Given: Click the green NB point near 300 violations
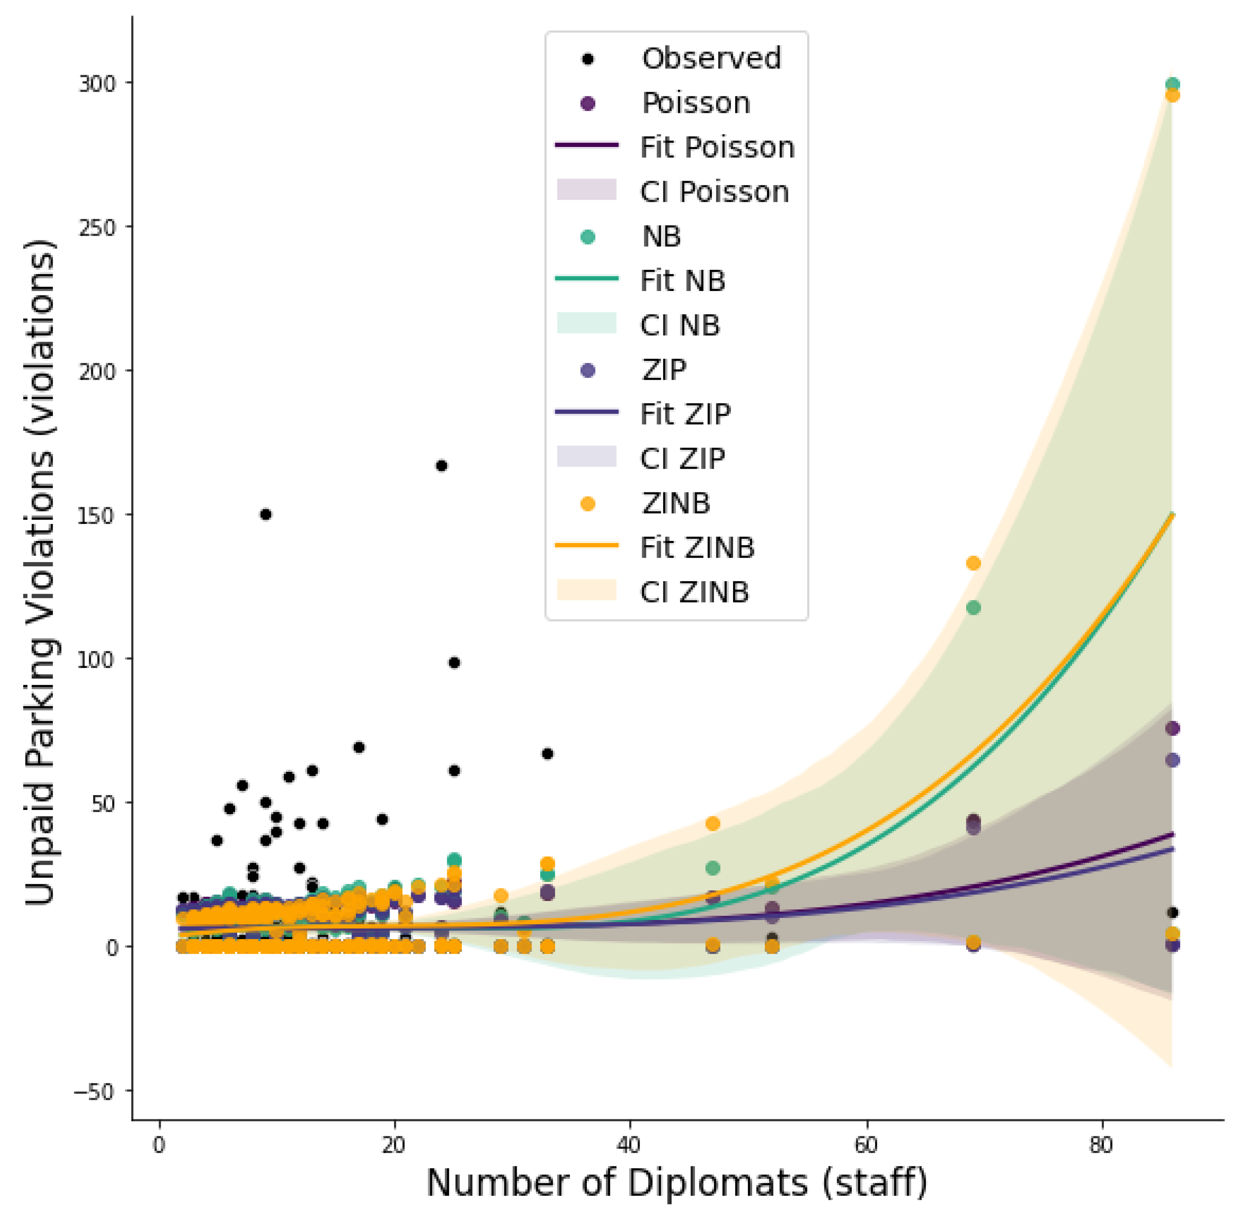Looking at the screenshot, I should [x=1172, y=84].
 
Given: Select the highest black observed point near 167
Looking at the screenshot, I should [x=441, y=465].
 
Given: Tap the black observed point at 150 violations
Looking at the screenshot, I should [x=265, y=514].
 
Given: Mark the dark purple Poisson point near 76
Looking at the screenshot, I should [x=1172, y=728].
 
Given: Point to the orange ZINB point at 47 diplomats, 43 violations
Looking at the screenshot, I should [x=713, y=824].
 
